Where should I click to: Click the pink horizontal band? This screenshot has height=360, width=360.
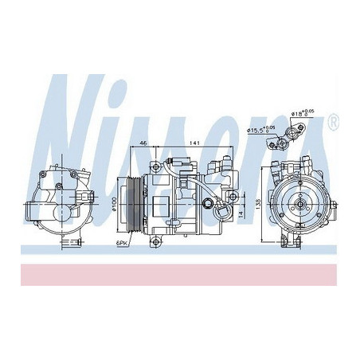(x=180, y=273)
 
